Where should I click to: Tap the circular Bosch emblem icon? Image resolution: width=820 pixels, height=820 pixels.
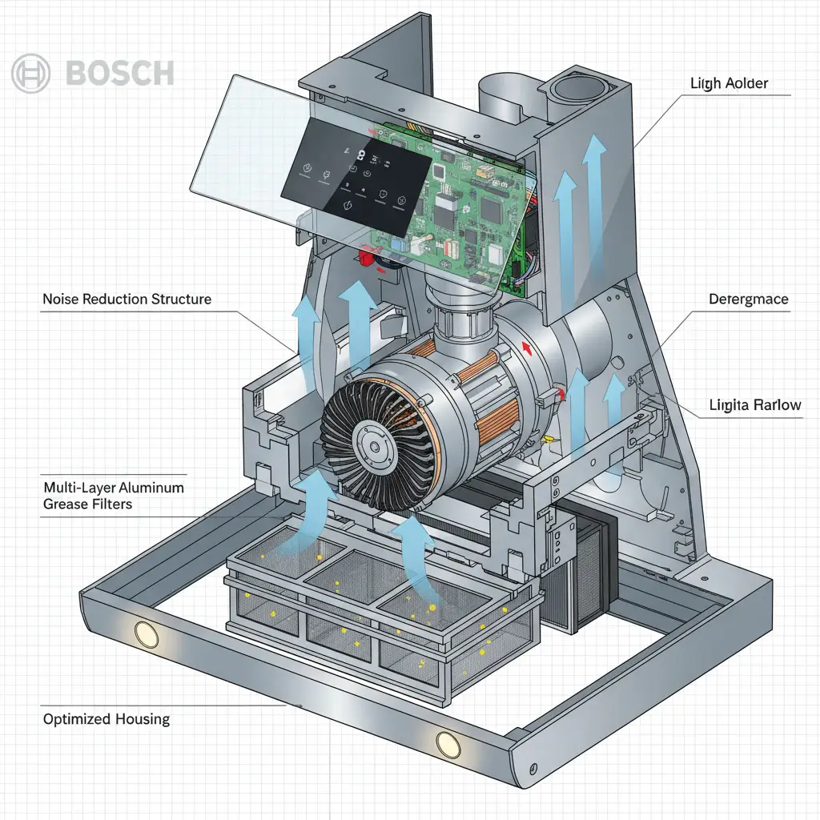(x=31, y=74)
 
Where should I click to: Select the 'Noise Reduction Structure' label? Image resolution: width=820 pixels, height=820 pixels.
(x=127, y=299)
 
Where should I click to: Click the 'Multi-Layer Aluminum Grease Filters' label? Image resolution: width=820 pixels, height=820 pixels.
(x=113, y=496)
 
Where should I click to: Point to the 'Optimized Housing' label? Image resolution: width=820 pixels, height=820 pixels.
(x=107, y=719)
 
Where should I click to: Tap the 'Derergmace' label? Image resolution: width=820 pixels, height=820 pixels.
(x=749, y=299)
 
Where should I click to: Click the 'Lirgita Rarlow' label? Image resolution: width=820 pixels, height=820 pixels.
(x=755, y=405)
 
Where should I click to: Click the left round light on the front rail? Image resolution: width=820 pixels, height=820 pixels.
(x=147, y=635)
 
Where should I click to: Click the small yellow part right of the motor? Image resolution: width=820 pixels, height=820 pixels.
(x=548, y=438)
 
